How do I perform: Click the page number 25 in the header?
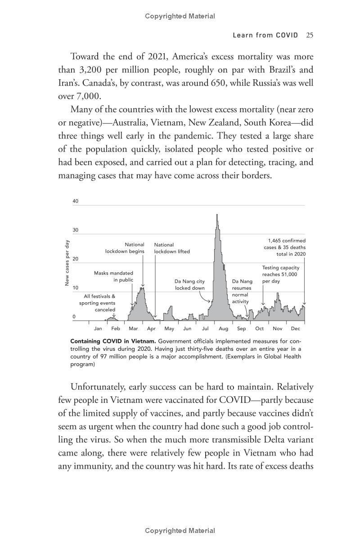click(x=309, y=35)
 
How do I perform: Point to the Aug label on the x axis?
click(x=223, y=329)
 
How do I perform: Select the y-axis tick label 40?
click(x=75, y=201)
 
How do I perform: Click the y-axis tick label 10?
click(x=75, y=288)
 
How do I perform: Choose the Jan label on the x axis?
click(x=98, y=329)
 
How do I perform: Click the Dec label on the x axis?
click(x=295, y=329)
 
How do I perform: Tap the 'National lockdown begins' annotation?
click(x=125, y=248)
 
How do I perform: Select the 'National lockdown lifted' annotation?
click(x=172, y=248)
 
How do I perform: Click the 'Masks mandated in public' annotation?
click(x=113, y=276)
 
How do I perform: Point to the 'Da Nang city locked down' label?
click(x=189, y=285)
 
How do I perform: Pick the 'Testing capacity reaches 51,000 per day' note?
click(x=280, y=274)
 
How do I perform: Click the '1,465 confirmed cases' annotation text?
click(x=284, y=247)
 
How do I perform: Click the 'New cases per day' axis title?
click(x=67, y=263)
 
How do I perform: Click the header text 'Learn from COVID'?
click(x=265, y=35)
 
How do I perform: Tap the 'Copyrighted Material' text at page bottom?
click(x=180, y=531)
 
